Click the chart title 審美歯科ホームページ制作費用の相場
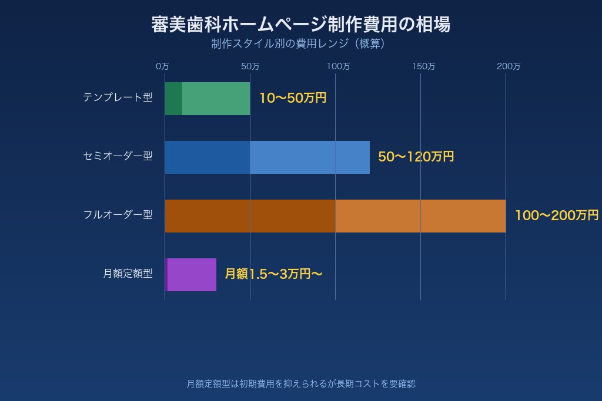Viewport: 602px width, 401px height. click(300, 25)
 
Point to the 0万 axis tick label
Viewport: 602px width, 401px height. click(162, 66)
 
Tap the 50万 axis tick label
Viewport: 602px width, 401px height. click(250, 66)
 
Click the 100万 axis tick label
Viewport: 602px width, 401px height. click(338, 66)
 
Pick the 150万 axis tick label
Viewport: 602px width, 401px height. click(423, 66)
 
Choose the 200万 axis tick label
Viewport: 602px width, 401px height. click(509, 66)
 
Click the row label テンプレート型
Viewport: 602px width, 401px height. click(118, 97)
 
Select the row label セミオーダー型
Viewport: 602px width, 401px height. click(118, 156)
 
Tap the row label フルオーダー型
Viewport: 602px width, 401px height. click(118, 215)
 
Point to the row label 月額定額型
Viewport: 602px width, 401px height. click(128, 274)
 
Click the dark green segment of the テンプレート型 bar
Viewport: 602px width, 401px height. click(173, 99)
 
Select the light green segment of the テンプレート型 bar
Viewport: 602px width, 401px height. click(216, 99)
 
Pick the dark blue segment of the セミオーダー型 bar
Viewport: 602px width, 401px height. click(207, 157)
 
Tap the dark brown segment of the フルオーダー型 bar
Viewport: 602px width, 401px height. click(250, 216)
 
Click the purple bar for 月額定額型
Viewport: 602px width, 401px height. click(192, 275)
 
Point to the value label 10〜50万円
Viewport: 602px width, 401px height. click(293, 98)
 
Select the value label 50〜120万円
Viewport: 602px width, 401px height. click(416, 157)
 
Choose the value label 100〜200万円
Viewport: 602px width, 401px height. click(556, 215)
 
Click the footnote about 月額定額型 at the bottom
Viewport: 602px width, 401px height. click(300, 384)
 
